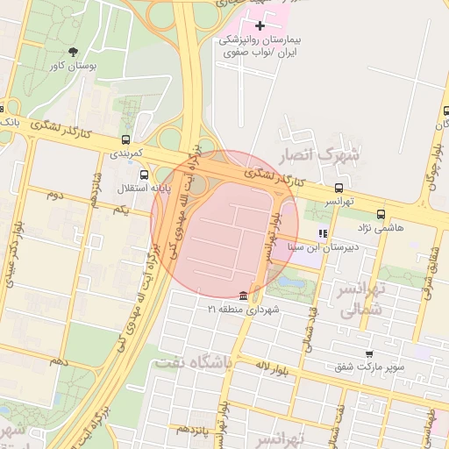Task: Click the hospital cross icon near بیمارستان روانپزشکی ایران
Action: [x=260, y=26]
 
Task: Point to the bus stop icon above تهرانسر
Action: [x=339, y=188]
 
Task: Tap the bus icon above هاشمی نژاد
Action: [x=381, y=214]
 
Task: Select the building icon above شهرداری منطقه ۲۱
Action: [x=242, y=295]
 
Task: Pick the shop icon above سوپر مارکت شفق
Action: [x=368, y=353]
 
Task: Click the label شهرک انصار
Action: [x=319, y=155]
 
